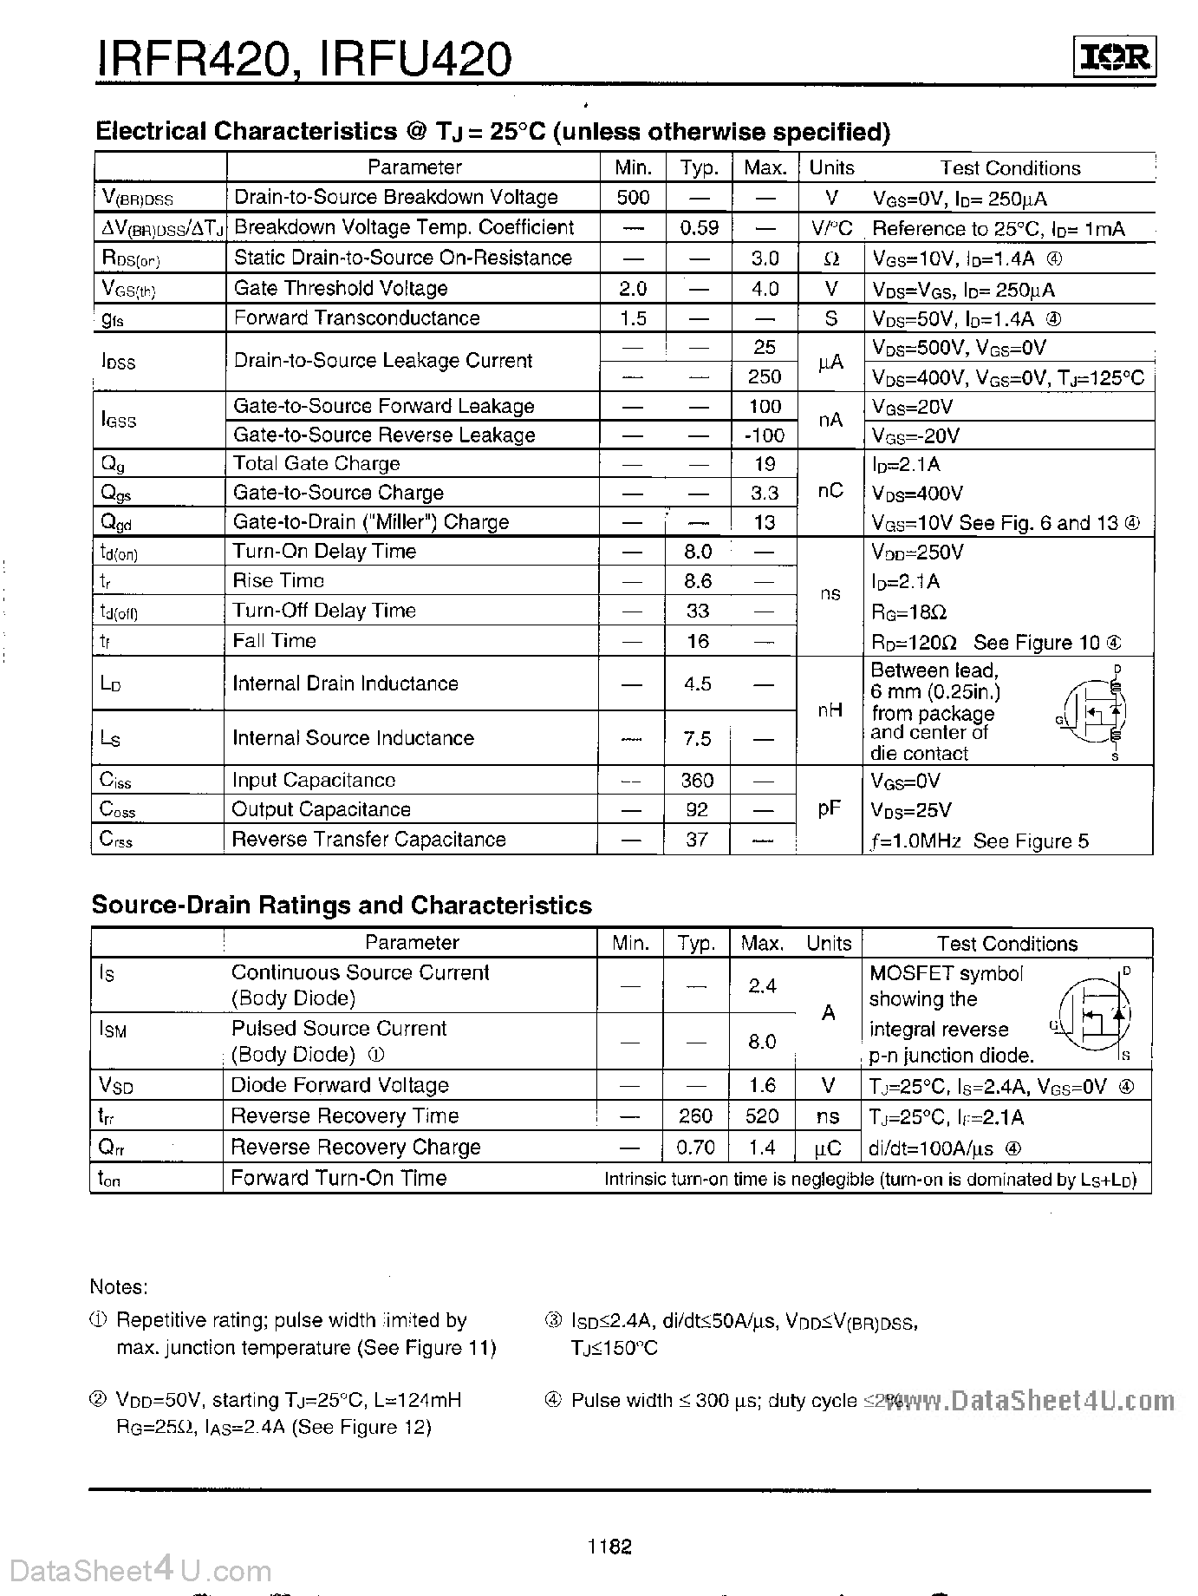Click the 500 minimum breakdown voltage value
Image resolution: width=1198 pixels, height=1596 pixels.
tap(633, 197)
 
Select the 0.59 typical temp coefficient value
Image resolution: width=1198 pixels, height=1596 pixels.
tap(699, 227)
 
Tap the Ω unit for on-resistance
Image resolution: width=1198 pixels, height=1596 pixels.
tap(830, 258)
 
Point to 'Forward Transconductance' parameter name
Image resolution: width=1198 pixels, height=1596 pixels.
tap(356, 318)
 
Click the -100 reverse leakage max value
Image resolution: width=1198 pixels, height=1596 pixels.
tap(764, 435)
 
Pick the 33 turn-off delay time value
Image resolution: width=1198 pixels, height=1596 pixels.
tap(698, 611)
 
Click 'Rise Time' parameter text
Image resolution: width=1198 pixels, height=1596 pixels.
tap(277, 580)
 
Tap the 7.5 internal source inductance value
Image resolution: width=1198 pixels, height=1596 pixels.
tap(698, 738)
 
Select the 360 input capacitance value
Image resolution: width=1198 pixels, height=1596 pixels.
tap(697, 780)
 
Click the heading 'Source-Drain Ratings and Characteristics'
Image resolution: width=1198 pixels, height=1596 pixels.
tap(342, 906)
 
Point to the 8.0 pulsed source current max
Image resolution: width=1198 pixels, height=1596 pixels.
tap(762, 1041)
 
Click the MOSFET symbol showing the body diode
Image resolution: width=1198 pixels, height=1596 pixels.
tap(1096, 1013)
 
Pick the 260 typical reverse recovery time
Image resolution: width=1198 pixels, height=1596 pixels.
tap(696, 1115)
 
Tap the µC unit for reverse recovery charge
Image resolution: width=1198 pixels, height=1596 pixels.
tap(828, 1148)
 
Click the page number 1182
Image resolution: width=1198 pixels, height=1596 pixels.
tap(609, 1546)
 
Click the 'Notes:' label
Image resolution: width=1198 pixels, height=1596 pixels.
tap(119, 1287)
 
